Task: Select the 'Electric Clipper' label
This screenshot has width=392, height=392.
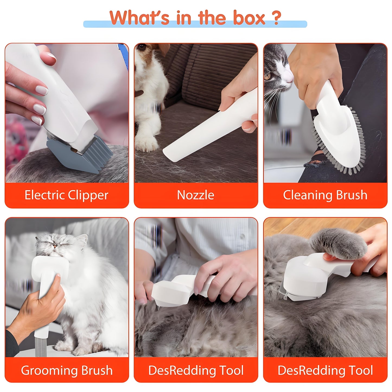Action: (66, 195)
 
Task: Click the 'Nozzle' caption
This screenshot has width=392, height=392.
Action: (196, 195)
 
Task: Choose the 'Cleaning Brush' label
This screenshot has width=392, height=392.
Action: (325, 195)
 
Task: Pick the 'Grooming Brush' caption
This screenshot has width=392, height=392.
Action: (66, 370)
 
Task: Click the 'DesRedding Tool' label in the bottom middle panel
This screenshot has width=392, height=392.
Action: (196, 370)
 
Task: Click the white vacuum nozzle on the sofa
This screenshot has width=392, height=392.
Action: (206, 130)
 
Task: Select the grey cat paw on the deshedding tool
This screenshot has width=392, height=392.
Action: (339, 243)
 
